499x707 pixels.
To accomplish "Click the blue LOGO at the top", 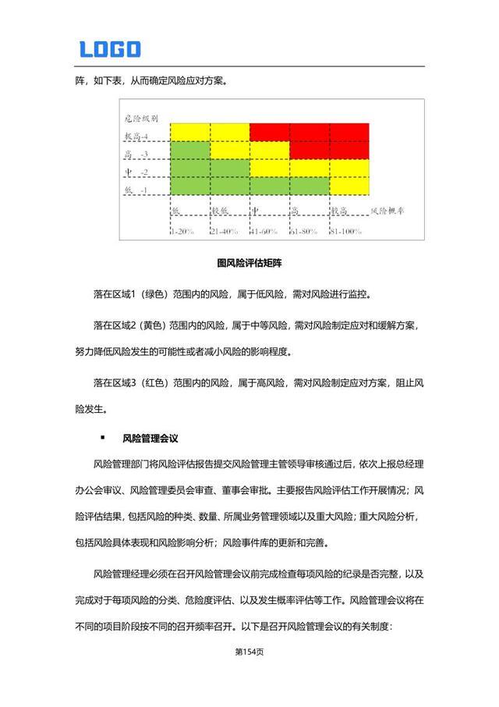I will tap(110, 49).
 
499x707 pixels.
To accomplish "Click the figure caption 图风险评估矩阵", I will tap(249, 264).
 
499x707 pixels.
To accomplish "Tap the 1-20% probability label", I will tap(184, 231).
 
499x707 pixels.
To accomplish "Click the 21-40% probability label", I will tap(225, 231).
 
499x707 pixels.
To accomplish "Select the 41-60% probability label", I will tap(264, 231).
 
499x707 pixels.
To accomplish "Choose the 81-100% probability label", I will tap(346, 231).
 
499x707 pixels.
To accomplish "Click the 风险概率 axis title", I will tap(392, 211).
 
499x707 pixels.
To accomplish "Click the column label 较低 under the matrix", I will tap(221, 211).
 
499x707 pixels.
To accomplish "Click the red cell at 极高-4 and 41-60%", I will tap(269, 131).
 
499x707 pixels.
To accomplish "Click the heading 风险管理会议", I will tap(150, 439).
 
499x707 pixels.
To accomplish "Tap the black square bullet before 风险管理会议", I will tap(102, 439).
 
